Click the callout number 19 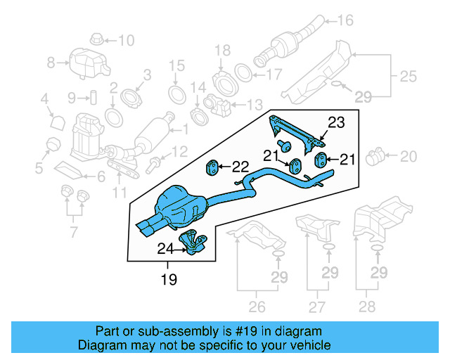coord(169,279)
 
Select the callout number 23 coord(337,122)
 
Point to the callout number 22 coord(240,167)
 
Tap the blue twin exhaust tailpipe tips coord(149,228)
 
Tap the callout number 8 coord(51,63)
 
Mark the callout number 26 coord(257,306)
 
